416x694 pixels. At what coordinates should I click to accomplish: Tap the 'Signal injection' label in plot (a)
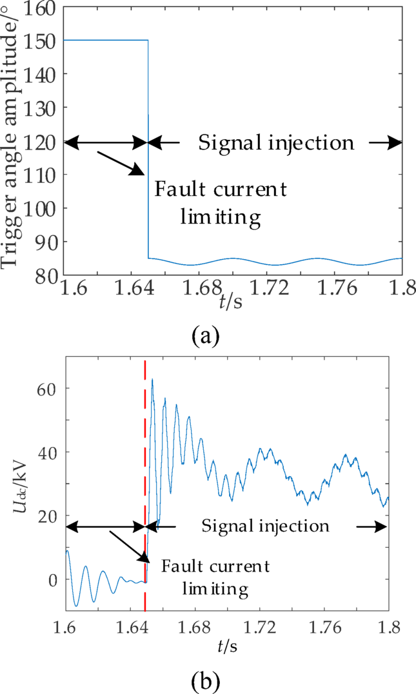(x=276, y=142)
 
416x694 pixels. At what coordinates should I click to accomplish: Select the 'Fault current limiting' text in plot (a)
(x=220, y=202)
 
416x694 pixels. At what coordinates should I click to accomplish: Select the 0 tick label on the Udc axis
(x=54, y=579)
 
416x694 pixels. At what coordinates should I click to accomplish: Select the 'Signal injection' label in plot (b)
(x=266, y=526)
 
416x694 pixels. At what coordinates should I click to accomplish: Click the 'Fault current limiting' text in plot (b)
(x=215, y=577)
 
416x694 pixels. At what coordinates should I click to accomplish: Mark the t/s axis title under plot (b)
(x=227, y=645)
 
